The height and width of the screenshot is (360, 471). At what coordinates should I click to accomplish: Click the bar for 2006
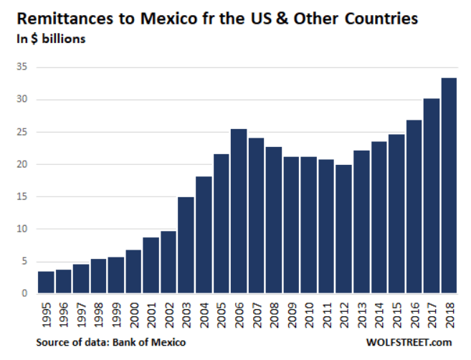(239, 212)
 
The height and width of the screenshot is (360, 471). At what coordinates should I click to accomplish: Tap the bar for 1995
(45, 283)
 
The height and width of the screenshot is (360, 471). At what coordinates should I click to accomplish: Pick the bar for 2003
(186, 245)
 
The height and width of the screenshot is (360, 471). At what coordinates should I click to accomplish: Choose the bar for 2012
(343, 229)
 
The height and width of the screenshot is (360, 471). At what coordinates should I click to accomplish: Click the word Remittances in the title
(58, 18)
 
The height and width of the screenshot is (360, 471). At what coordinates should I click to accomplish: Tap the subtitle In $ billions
(51, 39)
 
